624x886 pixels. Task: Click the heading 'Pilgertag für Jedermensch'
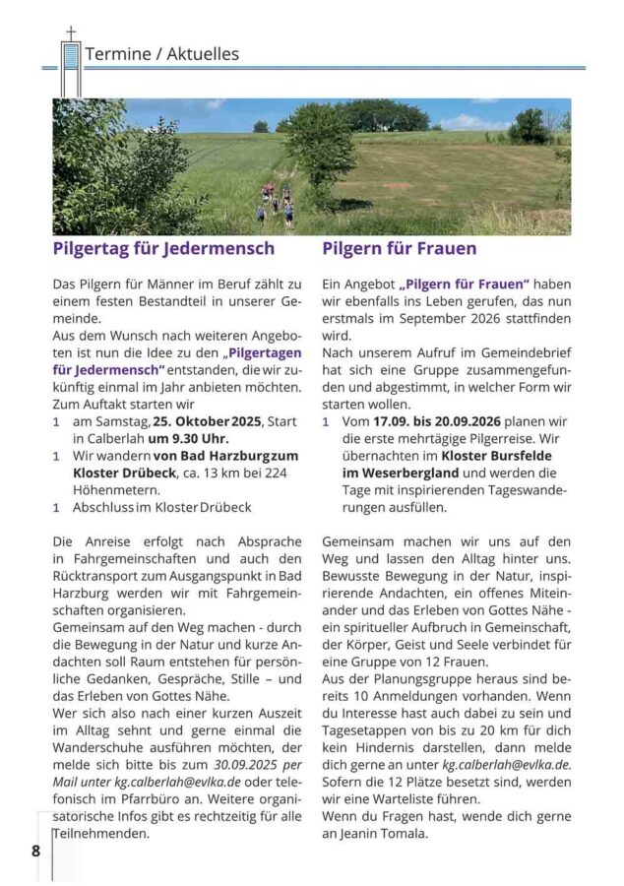[x=163, y=248]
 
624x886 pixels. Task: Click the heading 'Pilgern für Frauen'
[x=400, y=248]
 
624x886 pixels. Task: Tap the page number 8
[x=36, y=849]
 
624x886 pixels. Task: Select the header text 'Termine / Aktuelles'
[x=162, y=54]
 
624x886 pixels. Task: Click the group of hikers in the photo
[x=277, y=203]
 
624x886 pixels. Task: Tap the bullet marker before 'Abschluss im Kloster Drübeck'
[x=57, y=507]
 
